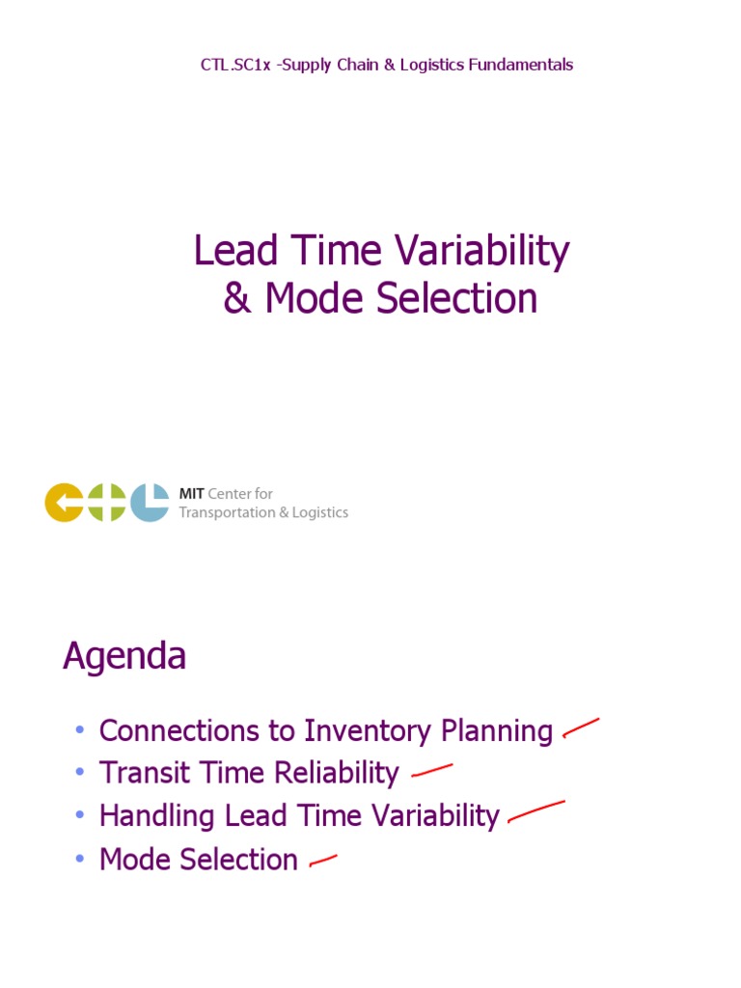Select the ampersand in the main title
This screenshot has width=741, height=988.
(x=237, y=299)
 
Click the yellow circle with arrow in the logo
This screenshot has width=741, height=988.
(x=64, y=503)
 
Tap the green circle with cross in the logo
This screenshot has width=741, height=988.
(x=106, y=503)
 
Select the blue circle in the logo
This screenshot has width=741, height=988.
(x=150, y=503)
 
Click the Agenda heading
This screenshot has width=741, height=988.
(x=124, y=657)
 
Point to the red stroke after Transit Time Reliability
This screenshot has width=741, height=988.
(x=431, y=770)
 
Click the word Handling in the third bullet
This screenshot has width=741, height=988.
(x=157, y=816)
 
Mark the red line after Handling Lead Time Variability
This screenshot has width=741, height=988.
(x=535, y=812)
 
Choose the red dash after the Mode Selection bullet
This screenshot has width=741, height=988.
(x=322, y=861)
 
